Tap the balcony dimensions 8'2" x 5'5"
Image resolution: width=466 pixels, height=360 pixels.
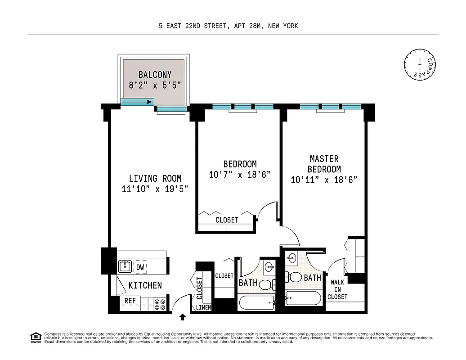tap(155, 85)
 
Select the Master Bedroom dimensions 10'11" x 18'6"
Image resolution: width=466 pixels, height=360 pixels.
tap(324, 180)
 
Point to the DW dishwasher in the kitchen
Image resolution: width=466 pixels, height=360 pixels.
tap(140, 267)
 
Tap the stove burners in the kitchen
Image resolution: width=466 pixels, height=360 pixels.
tap(160, 305)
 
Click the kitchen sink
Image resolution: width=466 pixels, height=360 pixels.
tap(125, 267)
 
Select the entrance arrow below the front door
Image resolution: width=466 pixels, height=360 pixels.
tap(183, 317)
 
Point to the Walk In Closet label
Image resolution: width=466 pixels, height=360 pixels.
tap(337, 289)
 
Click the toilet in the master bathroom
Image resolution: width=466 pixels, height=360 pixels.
tap(296, 277)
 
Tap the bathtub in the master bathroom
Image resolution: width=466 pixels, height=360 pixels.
tap(303, 298)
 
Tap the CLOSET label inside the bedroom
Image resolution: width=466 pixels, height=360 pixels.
tap(227, 220)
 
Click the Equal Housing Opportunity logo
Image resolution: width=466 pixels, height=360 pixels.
tap(35, 337)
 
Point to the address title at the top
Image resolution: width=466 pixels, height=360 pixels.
tap(228, 26)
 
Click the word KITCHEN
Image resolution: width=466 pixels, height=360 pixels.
tap(145, 285)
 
